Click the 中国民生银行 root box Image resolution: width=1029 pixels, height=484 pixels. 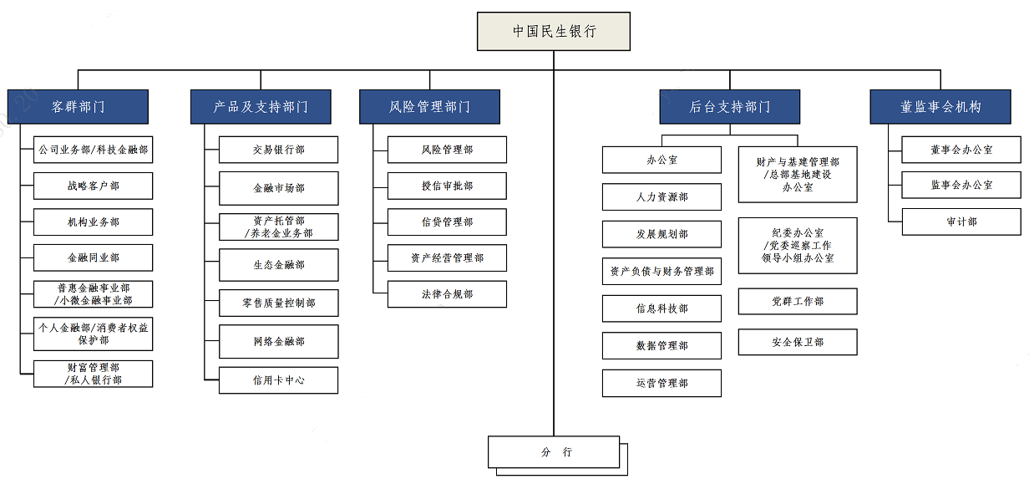click(554, 31)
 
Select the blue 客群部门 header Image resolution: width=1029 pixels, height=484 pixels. click(78, 107)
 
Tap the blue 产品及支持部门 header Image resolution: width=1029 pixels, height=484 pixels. click(261, 107)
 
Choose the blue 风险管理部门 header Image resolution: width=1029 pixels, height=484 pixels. click(429, 107)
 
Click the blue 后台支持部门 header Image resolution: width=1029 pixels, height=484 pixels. click(729, 107)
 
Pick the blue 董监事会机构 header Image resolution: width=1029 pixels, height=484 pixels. click(940, 107)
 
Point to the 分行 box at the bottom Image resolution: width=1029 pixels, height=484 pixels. click(555, 452)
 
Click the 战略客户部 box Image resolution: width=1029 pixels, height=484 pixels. click(94, 186)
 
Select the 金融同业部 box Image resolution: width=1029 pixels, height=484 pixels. click(94, 258)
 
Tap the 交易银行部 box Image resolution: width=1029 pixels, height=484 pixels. click(278, 150)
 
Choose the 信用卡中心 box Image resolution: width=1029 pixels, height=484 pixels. click(278, 380)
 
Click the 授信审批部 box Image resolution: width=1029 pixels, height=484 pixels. click(447, 186)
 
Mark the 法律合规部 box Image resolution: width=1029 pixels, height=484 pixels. click(447, 294)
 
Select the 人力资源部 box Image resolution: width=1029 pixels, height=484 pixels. click(661, 197)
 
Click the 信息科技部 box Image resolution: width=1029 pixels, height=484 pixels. click(661, 308)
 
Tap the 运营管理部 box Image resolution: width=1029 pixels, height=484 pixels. click(661, 383)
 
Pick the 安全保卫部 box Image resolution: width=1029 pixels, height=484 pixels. click(798, 342)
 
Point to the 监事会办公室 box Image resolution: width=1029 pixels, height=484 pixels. click(961, 185)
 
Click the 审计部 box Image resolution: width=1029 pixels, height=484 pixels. click(961, 222)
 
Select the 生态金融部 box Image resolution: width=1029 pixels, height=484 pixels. click(278, 265)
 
